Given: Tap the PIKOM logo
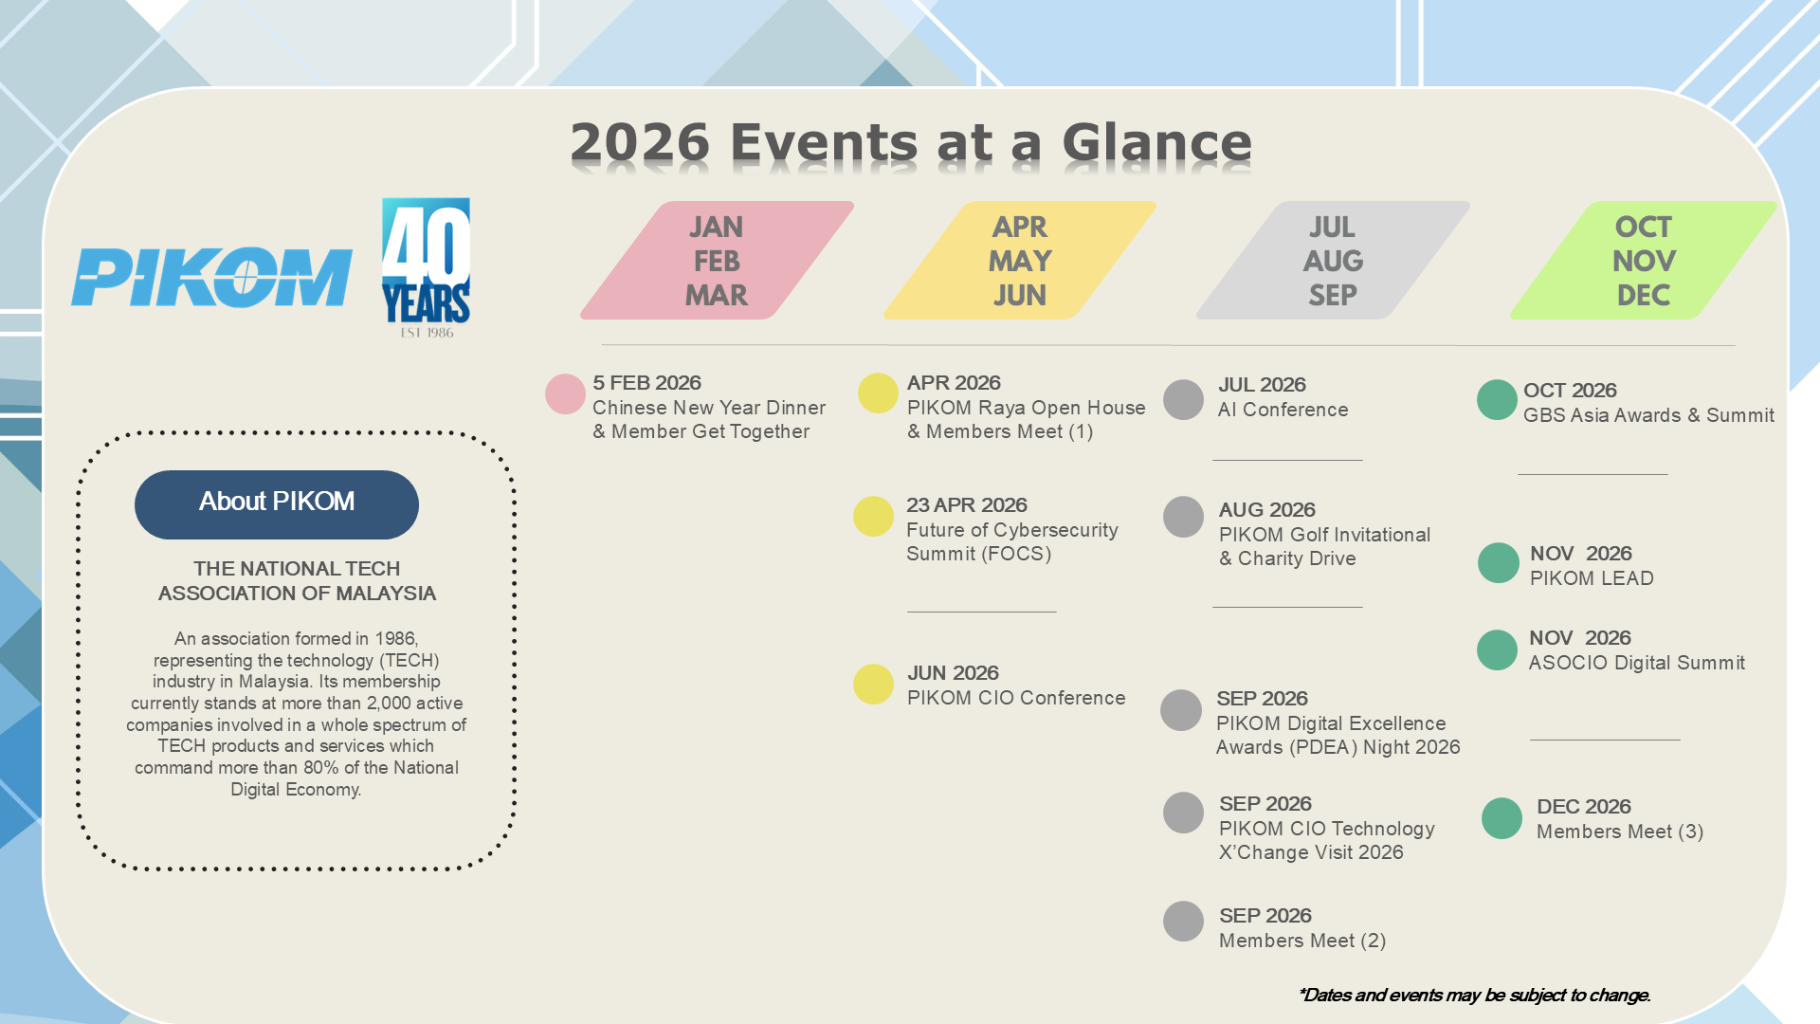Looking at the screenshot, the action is (212, 277).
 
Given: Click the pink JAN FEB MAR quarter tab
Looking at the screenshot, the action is (718, 261).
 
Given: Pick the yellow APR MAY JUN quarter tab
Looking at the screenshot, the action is (1020, 261).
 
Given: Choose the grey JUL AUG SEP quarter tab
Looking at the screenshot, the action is (1333, 261).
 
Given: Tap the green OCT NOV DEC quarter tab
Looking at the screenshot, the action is (1644, 261).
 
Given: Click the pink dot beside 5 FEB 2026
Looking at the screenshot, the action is (565, 394).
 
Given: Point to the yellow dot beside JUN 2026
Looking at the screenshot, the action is (873, 685).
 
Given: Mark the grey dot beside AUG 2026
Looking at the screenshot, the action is (1183, 518).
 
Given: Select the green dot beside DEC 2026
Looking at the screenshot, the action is (1501, 818).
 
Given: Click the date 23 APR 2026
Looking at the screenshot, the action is (967, 505).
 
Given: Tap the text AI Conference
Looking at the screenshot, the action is (1283, 410).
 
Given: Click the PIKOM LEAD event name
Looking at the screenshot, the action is (1592, 578).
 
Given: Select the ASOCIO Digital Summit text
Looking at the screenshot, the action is (1637, 663).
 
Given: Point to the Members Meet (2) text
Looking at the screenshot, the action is (1302, 941).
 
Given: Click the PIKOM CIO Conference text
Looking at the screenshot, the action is (1016, 698).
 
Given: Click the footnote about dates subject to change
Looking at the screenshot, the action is (1475, 995).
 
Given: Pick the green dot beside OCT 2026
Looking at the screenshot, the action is (1497, 400).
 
